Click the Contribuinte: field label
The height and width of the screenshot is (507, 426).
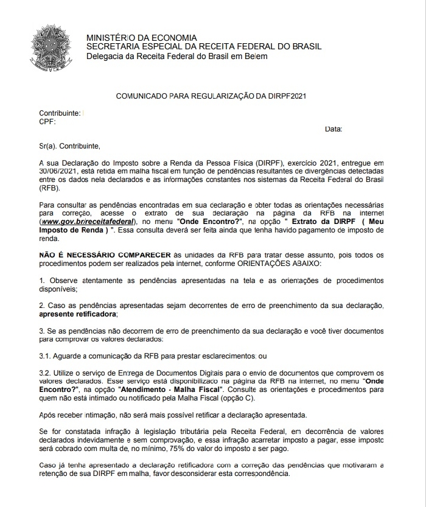(x=60, y=114)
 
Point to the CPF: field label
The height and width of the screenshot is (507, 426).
(x=47, y=122)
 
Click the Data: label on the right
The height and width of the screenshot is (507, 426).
(x=333, y=129)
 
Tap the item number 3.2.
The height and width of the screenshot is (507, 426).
(x=44, y=372)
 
